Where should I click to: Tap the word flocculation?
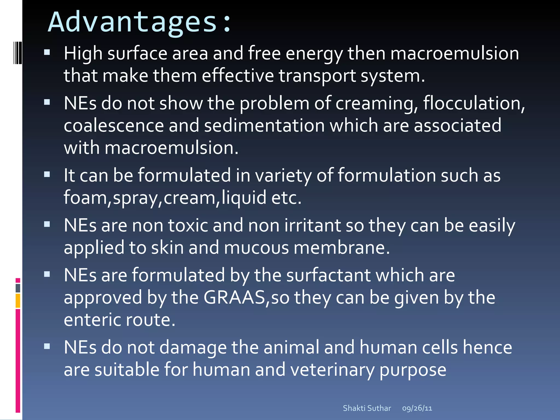coord(473,103)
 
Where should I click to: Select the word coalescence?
coord(114,126)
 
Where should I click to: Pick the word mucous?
coord(256,248)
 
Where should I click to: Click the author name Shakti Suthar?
coord(367,408)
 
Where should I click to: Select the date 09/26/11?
coord(417,408)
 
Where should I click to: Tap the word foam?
coord(86,197)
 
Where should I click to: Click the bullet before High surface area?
coord(47,52)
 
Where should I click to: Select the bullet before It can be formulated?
coord(47,174)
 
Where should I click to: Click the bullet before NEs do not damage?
coord(47,346)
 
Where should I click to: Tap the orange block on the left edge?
coord(18,301)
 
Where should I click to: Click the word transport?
coord(317,76)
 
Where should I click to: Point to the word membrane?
coord(342,248)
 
